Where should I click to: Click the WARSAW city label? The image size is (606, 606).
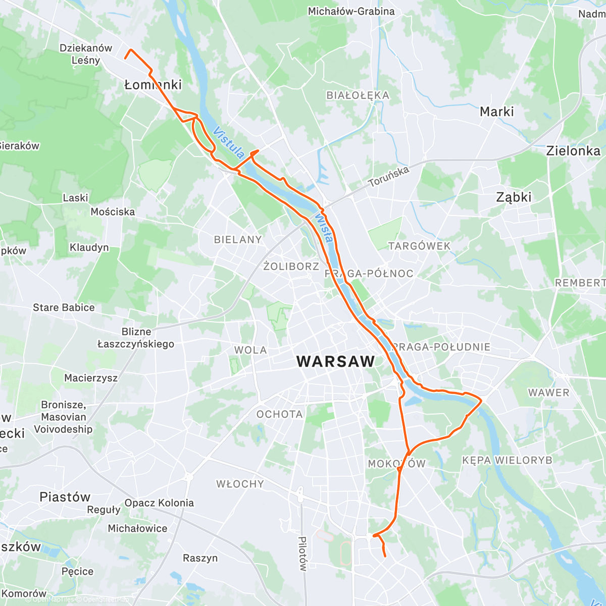click(x=336, y=362)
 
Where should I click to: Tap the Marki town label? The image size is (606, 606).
click(x=496, y=112)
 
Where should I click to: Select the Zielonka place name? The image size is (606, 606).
click(x=573, y=151)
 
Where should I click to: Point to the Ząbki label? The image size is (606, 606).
click(x=514, y=197)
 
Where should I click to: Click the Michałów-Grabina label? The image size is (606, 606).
click(x=351, y=11)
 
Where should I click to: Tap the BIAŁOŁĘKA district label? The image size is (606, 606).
click(x=358, y=95)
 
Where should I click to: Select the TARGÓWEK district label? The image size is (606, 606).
click(x=419, y=246)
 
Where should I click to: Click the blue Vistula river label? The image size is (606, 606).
click(x=229, y=143)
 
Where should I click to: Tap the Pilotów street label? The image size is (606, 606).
click(x=302, y=553)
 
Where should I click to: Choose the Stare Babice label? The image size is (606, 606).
click(x=64, y=308)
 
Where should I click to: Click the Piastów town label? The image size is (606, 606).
click(x=65, y=497)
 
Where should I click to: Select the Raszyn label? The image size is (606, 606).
click(x=200, y=558)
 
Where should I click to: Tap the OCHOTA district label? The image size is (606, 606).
click(x=279, y=414)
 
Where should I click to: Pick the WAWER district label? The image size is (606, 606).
click(x=548, y=392)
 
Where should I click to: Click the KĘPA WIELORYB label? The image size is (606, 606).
click(x=507, y=460)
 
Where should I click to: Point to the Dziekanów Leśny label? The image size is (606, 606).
click(x=86, y=54)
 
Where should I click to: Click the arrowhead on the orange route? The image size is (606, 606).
click(x=255, y=151)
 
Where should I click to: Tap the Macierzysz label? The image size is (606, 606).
click(x=91, y=378)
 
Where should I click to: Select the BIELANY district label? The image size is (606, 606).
click(x=238, y=239)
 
